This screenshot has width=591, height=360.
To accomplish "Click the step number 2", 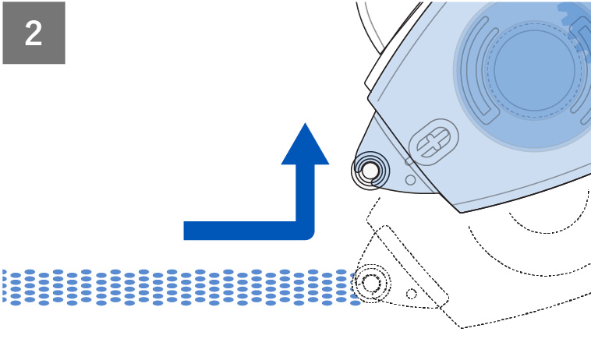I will point(34,34).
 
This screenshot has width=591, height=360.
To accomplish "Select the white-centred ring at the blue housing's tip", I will point(370,169).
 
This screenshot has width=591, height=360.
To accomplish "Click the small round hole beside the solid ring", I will point(410,178).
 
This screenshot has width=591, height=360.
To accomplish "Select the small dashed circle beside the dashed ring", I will point(411,294).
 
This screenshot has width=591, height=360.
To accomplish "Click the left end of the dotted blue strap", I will point(6,287).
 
